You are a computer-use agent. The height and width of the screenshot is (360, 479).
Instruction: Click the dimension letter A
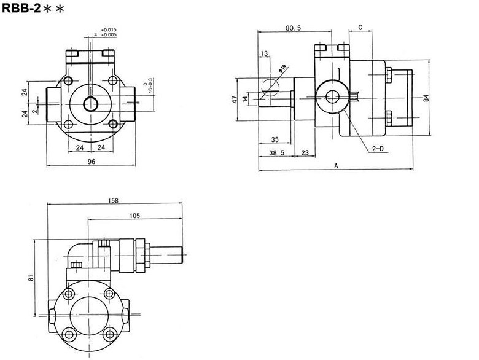336,166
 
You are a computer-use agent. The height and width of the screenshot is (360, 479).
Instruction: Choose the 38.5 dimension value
277,154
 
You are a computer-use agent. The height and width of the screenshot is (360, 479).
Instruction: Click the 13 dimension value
265,55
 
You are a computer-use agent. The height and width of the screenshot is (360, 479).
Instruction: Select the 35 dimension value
275,139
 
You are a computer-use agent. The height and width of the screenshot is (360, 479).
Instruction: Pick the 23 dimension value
305,154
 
